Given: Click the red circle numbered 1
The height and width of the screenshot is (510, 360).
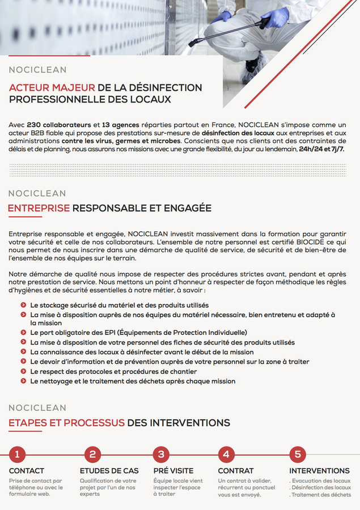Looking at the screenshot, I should coord(17,454).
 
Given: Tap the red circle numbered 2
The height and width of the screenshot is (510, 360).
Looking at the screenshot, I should coord(92,454).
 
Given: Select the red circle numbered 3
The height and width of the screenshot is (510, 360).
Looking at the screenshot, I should coord(162,454).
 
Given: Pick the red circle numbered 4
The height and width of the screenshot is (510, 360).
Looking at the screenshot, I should coord(226,454).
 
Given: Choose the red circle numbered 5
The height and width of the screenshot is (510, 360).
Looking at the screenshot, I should coord(297,454).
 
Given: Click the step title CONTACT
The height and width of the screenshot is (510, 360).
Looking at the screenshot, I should coord(27,471).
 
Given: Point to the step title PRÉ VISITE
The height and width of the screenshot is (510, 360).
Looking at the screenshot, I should coord(173,471).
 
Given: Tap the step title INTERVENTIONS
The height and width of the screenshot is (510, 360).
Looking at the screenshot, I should coord(319,471).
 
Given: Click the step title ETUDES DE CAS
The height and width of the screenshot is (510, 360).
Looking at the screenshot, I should coord(109,471).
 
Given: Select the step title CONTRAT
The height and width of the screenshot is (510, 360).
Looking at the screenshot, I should coord(236,471).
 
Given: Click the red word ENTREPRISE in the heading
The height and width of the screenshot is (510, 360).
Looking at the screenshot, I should coord(39,209).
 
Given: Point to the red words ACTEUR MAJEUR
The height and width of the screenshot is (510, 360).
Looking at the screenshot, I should coord(52,88).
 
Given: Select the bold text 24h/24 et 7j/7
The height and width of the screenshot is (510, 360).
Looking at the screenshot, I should coord(322,148).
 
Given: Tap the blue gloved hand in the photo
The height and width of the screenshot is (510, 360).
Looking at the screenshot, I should coord(276,18).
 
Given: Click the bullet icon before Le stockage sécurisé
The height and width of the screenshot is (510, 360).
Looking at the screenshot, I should coord(23,305).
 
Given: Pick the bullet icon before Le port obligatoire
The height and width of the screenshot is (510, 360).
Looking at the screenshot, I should coord(23,332).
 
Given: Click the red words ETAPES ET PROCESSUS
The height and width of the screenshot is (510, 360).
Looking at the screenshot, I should coord(66,423).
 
